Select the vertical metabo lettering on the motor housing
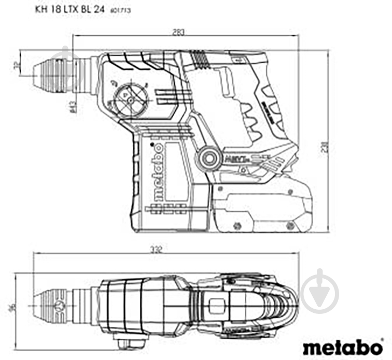[159, 171]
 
